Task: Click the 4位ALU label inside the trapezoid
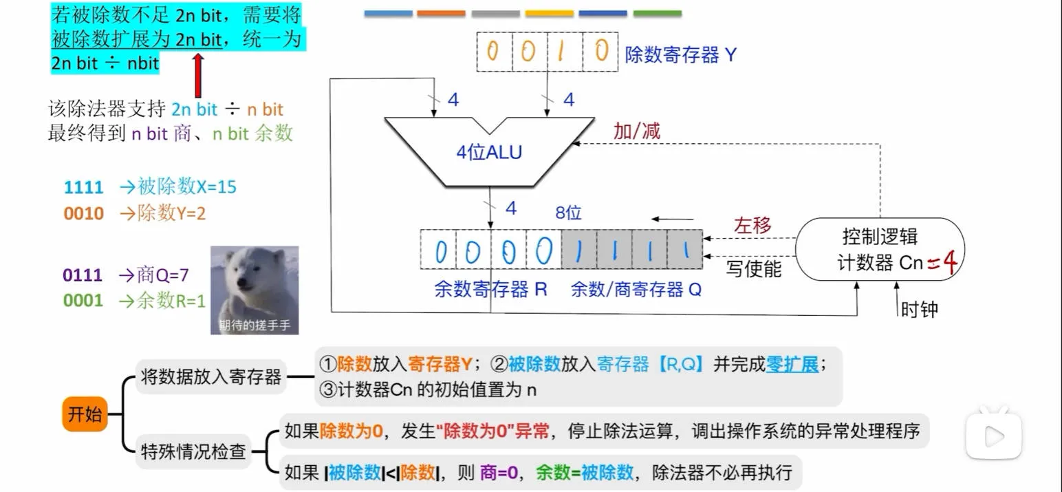pos(489,152)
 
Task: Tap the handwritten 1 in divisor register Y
pos(561,51)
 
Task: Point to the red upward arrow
pos(198,76)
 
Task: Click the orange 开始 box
pos(85,414)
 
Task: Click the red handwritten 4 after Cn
pos(950,261)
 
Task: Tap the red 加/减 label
pos(637,131)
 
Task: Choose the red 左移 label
pos(752,225)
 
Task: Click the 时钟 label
pos(920,310)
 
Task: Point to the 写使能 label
pos(754,269)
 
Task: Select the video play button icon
pos(994,435)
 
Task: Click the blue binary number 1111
pos(83,187)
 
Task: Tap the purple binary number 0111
pos(83,275)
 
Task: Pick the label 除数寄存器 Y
pos(681,54)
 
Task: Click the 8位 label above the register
pos(568,213)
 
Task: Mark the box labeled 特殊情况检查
pos(193,451)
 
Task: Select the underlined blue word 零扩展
pos(792,365)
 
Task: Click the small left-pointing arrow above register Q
pos(672,220)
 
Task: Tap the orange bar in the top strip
pos(441,13)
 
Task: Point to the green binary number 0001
pos(83,300)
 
